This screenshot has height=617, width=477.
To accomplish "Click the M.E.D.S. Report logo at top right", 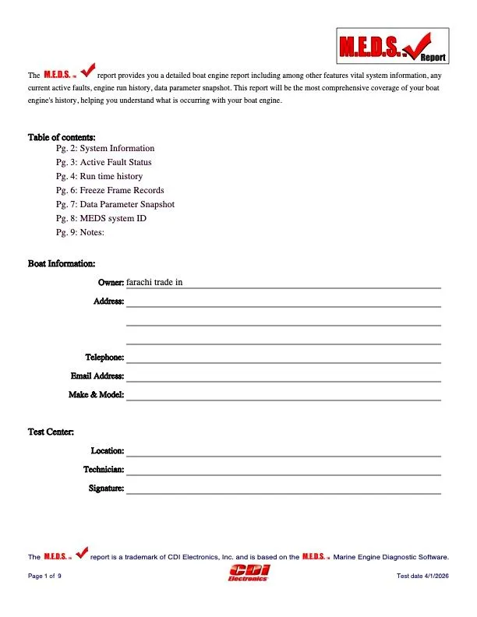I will [x=393, y=45].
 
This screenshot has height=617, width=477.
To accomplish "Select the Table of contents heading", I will [x=62, y=137].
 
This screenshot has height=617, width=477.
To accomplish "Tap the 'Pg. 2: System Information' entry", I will [x=105, y=148].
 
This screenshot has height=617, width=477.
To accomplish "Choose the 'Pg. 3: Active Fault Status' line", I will [x=104, y=162].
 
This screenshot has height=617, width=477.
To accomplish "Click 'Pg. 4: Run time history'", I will [x=99, y=176].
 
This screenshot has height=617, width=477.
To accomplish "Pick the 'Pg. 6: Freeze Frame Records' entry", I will [x=110, y=190].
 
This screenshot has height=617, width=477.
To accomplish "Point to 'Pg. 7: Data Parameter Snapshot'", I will [x=115, y=204].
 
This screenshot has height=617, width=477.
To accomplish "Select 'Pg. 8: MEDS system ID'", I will [x=101, y=218].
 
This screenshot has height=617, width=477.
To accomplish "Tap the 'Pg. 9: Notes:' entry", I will [x=80, y=232].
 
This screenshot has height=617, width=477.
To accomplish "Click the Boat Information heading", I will [x=62, y=264].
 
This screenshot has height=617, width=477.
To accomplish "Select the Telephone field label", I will [x=104, y=358].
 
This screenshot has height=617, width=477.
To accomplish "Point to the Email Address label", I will [x=97, y=376].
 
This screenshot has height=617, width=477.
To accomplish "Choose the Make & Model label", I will [x=97, y=395].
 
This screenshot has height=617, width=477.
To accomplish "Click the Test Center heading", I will [x=51, y=432].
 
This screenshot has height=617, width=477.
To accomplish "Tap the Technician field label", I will [x=104, y=470].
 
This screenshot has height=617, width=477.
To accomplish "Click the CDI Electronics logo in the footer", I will [x=248, y=574].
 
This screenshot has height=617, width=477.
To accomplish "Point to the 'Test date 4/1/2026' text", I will [x=423, y=576].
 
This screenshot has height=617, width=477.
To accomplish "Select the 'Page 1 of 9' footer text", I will [x=44, y=576].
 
